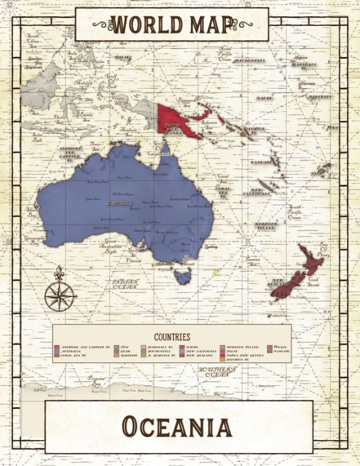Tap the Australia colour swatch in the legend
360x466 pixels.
pyautogui.click(x=57, y=351)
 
